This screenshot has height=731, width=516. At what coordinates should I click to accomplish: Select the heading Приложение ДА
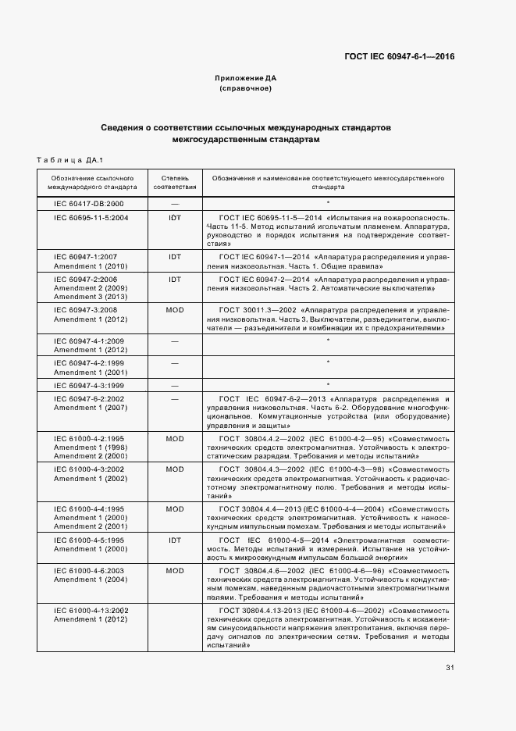click(x=245, y=79)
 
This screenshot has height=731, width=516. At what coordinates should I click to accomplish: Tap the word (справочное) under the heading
click(x=245, y=89)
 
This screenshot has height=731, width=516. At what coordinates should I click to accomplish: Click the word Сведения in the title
click(x=124, y=127)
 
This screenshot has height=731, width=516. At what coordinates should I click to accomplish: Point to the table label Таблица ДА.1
click(x=70, y=160)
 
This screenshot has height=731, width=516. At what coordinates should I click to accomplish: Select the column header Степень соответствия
click(x=175, y=183)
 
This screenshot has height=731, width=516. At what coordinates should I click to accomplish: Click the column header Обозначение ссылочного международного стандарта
click(x=91, y=183)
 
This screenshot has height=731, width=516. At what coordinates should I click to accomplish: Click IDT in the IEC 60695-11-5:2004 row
click(x=175, y=216)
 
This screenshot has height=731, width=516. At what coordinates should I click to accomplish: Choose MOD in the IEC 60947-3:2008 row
click(x=175, y=310)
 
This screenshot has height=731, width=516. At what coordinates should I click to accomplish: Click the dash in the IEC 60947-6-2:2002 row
click(x=175, y=398)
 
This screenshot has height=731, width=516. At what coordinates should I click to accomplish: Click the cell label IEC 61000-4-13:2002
click(x=91, y=610)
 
